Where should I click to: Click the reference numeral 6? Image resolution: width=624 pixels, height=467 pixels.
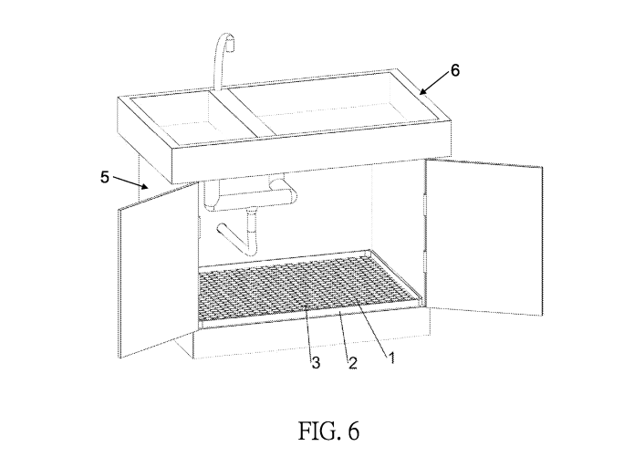coord(456,68)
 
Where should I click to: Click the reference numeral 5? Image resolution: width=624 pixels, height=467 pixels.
coord(106,177)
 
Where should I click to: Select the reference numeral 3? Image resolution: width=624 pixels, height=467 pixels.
coord(316,362)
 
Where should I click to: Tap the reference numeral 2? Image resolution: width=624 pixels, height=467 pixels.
coord(352,362)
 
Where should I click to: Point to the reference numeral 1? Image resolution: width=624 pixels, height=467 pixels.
coord(391,357)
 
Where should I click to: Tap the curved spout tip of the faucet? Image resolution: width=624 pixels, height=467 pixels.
coord(233,41)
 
